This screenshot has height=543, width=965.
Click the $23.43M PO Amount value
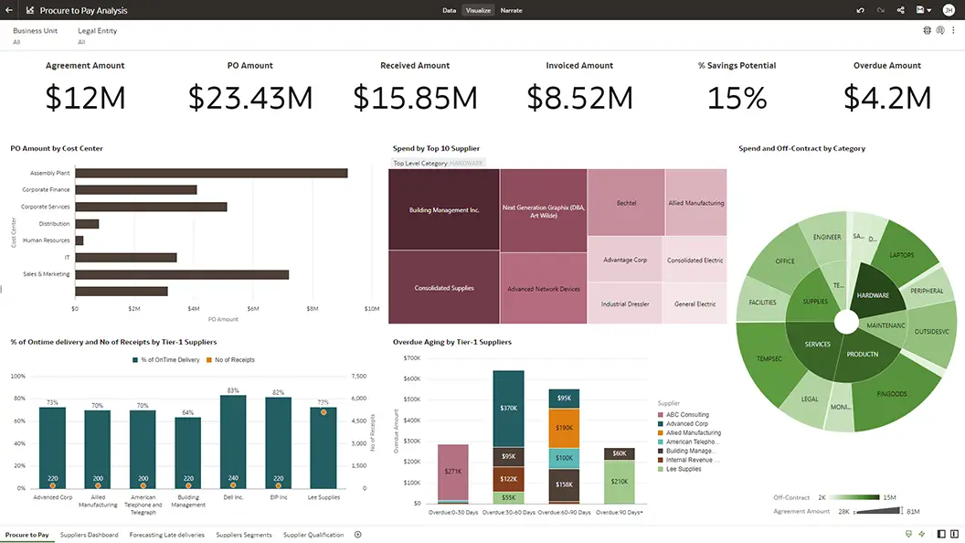(x=250, y=98)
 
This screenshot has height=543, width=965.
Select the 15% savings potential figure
(x=737, y=98)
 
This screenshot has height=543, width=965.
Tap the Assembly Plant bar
(x=211, y=173)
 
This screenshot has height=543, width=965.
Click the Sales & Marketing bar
(x=182, y=274)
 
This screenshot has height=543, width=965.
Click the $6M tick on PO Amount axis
(x=253, y=309)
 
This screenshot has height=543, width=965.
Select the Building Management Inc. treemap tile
(x=443, y=210)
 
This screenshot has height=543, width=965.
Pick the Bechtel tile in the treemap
(x=626, y=203)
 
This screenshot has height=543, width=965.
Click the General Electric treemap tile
(x=695, y=303)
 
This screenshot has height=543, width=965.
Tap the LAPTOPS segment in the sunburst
(x=901, y=255)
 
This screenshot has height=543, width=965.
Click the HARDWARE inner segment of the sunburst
(x=874, y=294)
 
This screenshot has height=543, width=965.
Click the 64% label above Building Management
(x=187, y=412)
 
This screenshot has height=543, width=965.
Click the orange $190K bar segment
(x=564, y=427)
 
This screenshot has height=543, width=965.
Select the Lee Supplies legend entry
(x=683, y=469)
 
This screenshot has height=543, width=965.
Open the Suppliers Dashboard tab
(x=89, y=535)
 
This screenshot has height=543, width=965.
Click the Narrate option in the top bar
(x=511, y=10)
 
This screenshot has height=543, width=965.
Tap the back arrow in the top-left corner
(x=9, y=10)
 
